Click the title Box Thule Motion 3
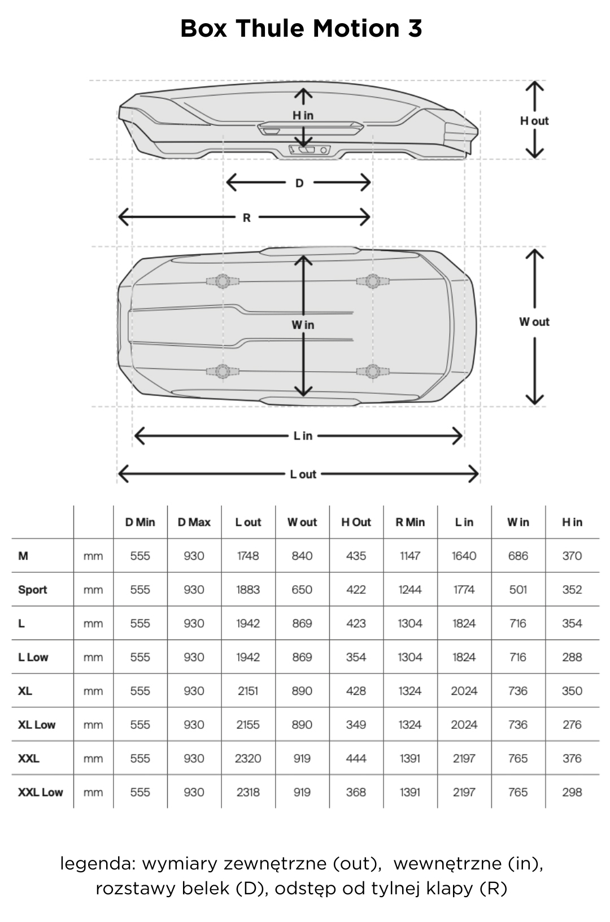301,28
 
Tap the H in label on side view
303,115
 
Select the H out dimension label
534,121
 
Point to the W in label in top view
303,325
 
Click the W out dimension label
534,322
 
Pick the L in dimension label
303,436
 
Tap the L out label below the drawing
303,475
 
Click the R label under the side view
246,218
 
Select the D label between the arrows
299,183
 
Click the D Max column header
194,523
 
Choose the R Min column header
410,523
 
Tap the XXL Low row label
40,792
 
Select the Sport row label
32,590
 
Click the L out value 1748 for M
248,556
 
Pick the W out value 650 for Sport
302,590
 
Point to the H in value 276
572,725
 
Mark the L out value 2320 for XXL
248,758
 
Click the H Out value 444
356,758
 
